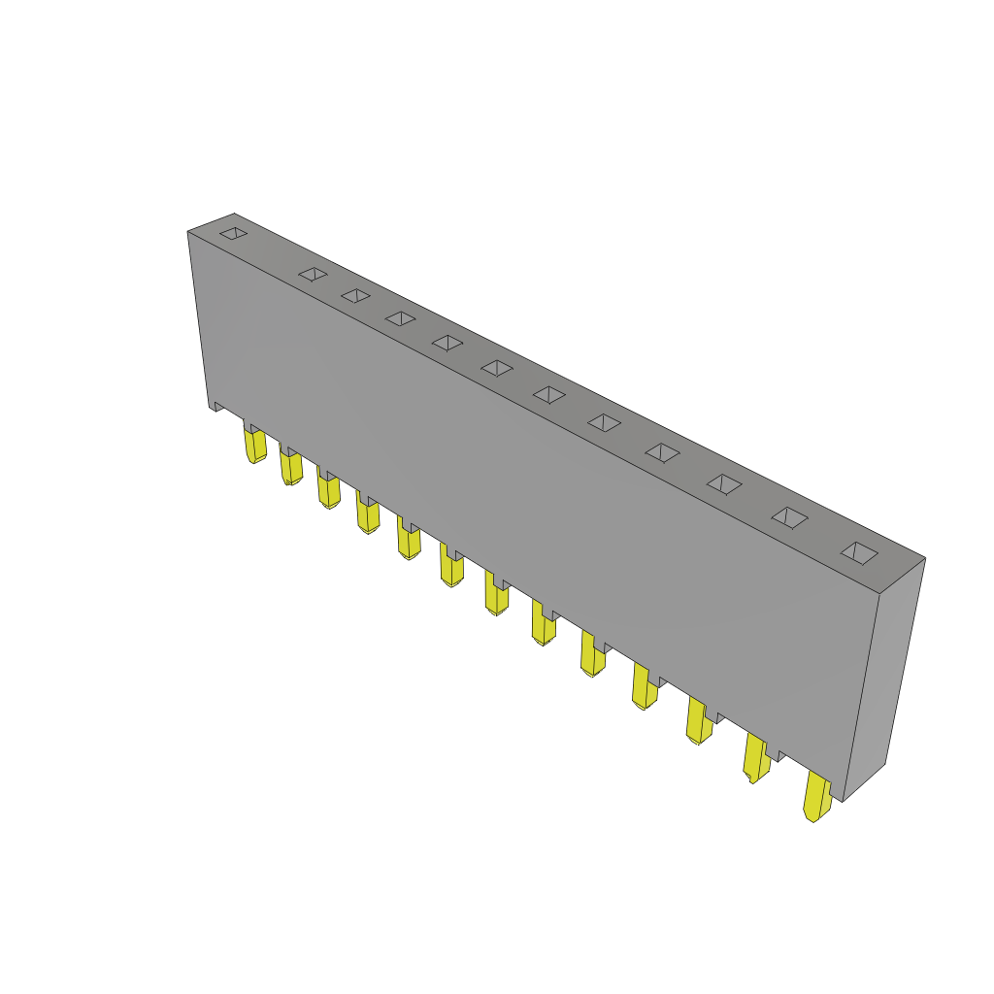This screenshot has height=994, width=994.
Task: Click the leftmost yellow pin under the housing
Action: coord(255,446)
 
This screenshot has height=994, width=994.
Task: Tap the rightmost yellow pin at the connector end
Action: coord(816,797)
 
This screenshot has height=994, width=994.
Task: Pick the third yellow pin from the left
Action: coord(329,490)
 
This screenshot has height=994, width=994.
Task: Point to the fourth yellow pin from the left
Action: coord(368,514)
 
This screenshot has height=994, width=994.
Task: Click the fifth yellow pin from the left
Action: coord(409,540)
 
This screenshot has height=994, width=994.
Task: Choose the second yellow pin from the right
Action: coord(756,757)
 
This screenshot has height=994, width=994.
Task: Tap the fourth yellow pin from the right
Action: coord(644,686)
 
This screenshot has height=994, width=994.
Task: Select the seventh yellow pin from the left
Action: coord(496,595)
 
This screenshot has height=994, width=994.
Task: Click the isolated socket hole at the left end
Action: coord(233,233)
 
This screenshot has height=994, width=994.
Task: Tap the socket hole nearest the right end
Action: coord(859,553)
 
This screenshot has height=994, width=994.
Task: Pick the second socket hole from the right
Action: coord(789,517)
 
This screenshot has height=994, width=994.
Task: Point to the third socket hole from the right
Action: coord(724,483)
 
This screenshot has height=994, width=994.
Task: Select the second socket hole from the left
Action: coord(313,275)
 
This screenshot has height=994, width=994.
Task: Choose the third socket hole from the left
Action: coord(355,295)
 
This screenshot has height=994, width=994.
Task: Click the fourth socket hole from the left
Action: coord(400,318)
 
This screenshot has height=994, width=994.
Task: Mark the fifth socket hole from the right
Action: coord(604,422)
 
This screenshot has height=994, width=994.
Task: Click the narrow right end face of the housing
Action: coord(883,679)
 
